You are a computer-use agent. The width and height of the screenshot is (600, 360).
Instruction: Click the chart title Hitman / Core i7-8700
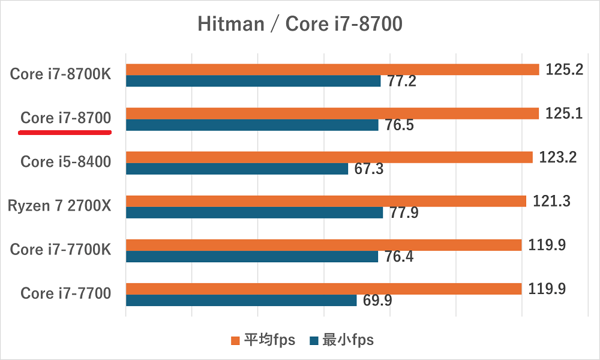tap(299, 24)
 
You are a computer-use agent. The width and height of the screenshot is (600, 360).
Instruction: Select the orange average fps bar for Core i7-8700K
tap(332, 70)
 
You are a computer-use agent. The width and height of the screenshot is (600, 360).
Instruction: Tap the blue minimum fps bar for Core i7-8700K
tap(253, 81)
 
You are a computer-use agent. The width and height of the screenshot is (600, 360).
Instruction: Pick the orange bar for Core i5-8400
tap(329, 157)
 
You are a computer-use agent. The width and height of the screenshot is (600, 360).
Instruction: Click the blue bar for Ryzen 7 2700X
tap(254, 212)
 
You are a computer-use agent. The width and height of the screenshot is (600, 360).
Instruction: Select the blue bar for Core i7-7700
tap(241, 300)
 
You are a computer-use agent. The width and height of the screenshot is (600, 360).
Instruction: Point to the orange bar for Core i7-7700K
tap(323, 245)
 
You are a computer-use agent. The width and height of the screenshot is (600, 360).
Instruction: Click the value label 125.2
tap(564, 70)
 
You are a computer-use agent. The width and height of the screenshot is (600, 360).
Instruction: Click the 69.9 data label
tap(377, 301)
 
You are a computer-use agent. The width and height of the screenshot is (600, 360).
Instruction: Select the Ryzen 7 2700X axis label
tap(59, 206)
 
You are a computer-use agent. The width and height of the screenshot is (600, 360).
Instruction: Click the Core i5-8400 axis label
tap(65, 162)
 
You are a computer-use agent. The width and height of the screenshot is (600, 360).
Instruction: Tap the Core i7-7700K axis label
tap(61, 250)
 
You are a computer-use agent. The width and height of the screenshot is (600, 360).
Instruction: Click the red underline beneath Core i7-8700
tap(65, 133)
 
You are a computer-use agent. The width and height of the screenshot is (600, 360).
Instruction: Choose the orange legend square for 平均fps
tap(235, 341)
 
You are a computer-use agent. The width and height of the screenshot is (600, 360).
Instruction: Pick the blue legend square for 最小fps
tap(313, 341)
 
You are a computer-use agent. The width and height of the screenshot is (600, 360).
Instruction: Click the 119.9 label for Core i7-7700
tap(547, 289)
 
